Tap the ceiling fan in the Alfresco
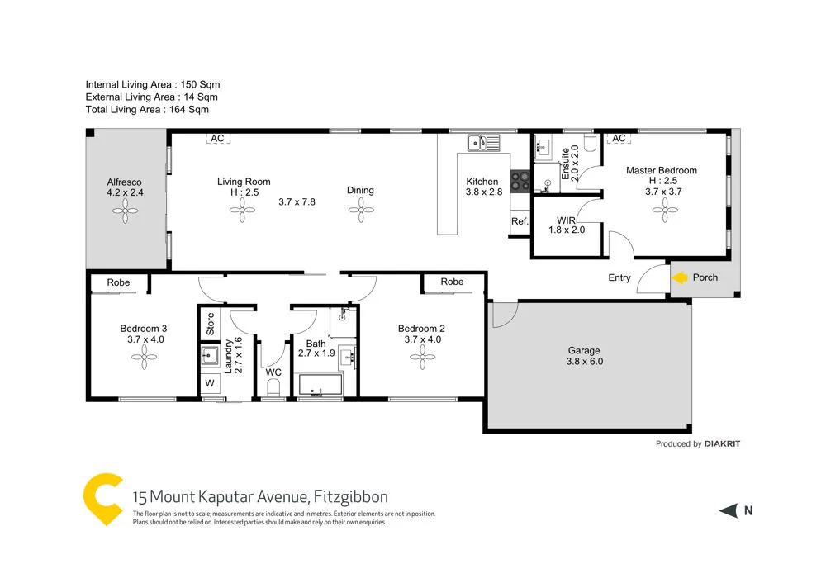pos(126,212)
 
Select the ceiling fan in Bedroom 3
pos(143,357)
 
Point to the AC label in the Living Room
pos(217,139)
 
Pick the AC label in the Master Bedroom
pos(618,139)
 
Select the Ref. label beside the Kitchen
pos(520,221)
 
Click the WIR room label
pos(566,220)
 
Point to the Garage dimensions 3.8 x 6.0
pos(584,361)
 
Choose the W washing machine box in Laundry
pos(208,383)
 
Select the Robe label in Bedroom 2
pos(452,282)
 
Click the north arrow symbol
pos(729,511)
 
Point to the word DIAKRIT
pos(723,443)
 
